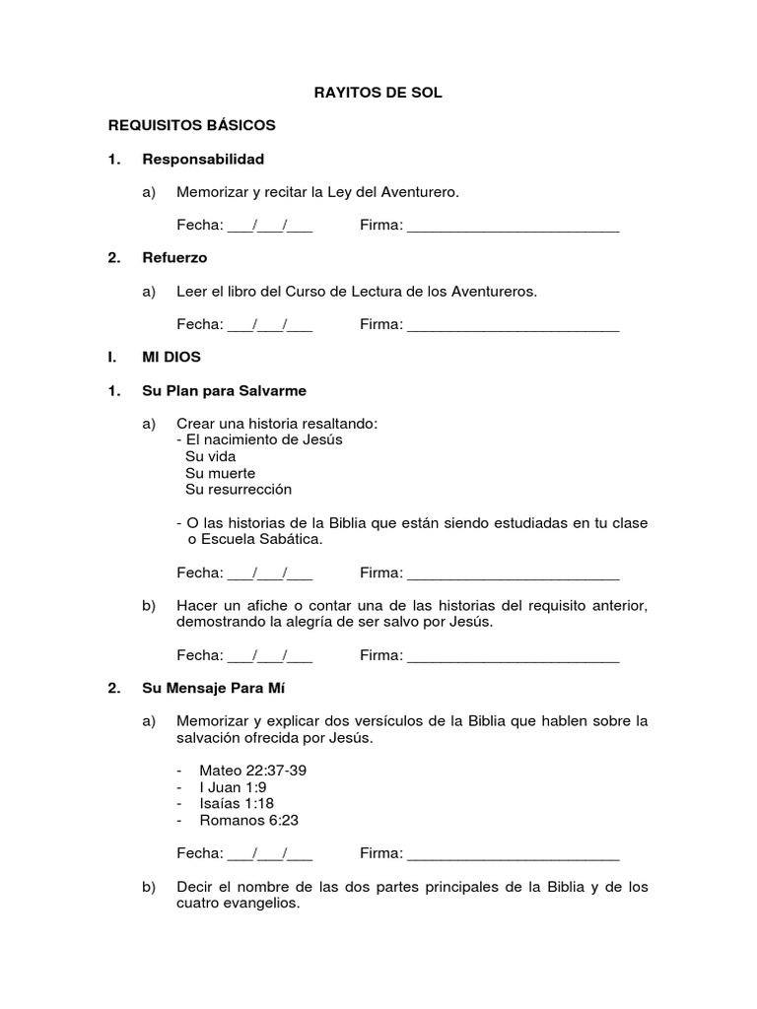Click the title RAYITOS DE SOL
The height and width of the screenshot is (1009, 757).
[x=378, y=93]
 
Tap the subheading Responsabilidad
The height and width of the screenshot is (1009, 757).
[x=203, y=159]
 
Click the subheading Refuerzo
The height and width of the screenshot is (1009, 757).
[x=174, y=257]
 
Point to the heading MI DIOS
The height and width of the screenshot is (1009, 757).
[x=172, y=357]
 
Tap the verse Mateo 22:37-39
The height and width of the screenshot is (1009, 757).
[x=252, y=770]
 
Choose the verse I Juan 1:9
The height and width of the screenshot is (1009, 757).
[x=233, y=786]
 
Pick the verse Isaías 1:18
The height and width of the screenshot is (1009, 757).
[x=237, y=803]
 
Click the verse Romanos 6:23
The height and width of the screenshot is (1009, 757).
[x=248, y=820]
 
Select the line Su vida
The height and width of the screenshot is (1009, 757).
[x=210, y=456]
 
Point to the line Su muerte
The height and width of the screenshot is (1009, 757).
[x=220, y=473]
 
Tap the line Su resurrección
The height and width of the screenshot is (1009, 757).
[x=239, y=489]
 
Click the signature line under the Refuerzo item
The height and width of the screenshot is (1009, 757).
[x=513, y=327]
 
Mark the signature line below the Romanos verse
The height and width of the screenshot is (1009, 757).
[x=513, y=855]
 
